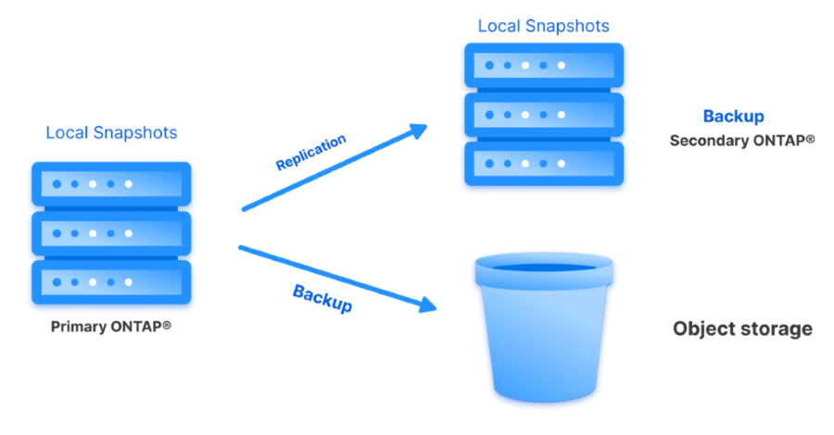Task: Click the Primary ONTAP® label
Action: click(111, 327)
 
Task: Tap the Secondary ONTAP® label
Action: click(741, 141)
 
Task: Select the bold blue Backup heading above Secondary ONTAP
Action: click(733, 117)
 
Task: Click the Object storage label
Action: click(742, 329)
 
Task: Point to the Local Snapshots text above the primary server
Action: click(111, 132)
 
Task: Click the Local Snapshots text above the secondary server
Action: click(543, 25)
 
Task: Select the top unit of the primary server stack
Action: click(111, 184)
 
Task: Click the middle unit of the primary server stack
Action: click(111, 233)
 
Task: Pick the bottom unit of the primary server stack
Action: click(111, 282)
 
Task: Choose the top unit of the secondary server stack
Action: click(542, 66)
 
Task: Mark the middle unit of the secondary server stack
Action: click(542, 115)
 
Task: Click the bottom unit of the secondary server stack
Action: click(542, 163)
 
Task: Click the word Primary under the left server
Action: click(77, 327)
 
